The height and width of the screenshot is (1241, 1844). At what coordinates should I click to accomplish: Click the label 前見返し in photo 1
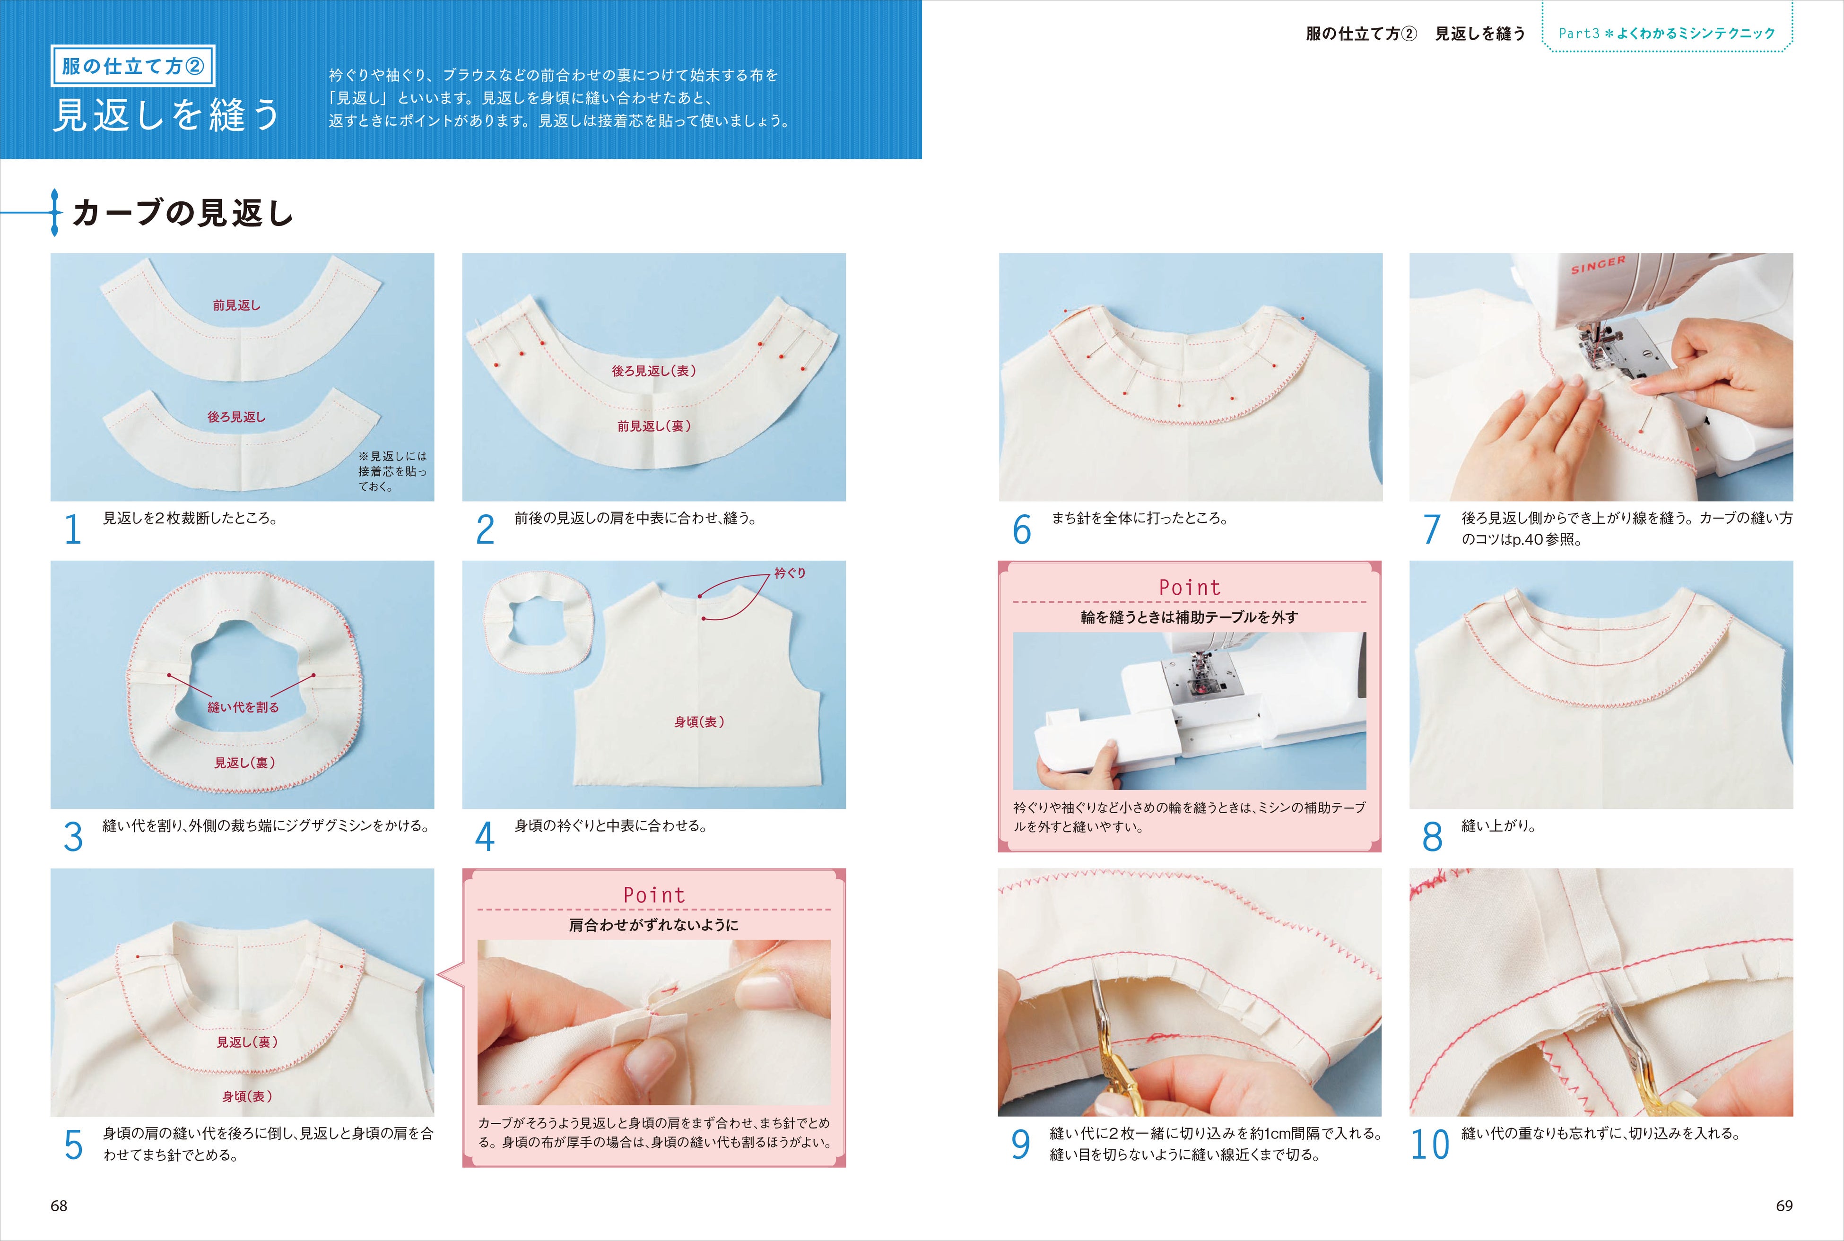pyautogui.click(x=236, y=305)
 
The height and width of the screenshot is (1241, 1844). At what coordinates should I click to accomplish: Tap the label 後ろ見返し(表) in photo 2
pyautogui.click(x=654, y=370)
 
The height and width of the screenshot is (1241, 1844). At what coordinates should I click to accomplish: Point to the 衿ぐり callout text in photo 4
pyautogui.click(x=789, y=572)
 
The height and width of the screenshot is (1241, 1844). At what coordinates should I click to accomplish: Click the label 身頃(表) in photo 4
pyautogui.click(x=699, y=722)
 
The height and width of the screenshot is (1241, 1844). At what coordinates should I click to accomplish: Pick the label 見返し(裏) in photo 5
pyautogui.click(x=247, y=1042)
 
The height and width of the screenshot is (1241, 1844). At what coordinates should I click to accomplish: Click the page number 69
pyautogui.click(x=1784, y=1206)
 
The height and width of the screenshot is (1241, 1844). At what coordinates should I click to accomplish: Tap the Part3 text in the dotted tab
pyautogui.click(x=1579, y=33)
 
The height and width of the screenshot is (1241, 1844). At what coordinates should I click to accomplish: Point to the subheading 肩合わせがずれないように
pyautogui.click(x=654, y=924)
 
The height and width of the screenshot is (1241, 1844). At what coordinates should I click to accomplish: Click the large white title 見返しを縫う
pyautogui.click(x=166, y=115)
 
